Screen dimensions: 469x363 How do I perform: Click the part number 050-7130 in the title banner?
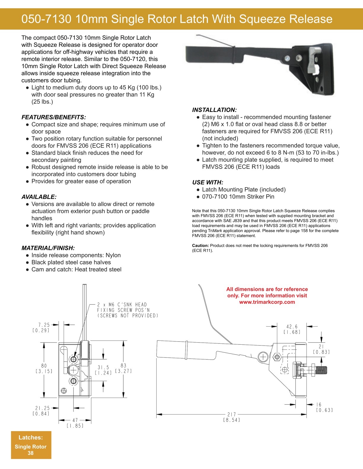[x=46, y=19]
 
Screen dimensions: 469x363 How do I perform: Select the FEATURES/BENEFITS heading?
[x=54, y=117]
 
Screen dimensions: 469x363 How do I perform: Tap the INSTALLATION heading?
[x=214, y=110]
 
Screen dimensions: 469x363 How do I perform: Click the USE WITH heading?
[x=208, y=182]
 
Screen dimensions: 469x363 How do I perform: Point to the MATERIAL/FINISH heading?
[x=48, y=248]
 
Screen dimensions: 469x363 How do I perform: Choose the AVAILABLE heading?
[x=39, y=197]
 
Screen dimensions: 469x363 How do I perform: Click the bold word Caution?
[x=200, y=245]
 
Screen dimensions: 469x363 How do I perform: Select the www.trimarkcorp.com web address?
[x=267, y=302]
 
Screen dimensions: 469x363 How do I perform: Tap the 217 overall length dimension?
[x=232, y=414]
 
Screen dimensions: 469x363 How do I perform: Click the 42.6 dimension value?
[x=292, y=327]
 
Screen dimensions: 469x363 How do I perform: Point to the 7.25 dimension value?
[x=44, y=325]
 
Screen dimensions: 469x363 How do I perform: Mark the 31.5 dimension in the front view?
[x=104, y=367]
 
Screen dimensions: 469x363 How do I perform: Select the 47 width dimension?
[x=75, y=420]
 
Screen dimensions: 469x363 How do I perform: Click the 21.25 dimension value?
[x=42, y=408]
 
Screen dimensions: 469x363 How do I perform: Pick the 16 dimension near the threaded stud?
[x=319, y=404]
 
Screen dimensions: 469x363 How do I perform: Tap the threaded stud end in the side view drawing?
[x=322, y=370]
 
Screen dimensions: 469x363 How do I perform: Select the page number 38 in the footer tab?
[x=31, y=453]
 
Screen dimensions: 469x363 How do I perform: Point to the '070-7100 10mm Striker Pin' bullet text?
[x=238, y=197]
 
